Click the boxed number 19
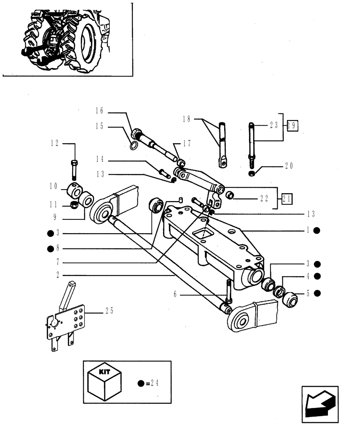pos(292,125)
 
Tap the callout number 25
pos(109,311)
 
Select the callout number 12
pos(54,144)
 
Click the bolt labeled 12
pos(74,169)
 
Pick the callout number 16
pos(99,110)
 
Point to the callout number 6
pos(176,294)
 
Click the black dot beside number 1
pos(317,231)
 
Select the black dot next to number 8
pos(51,248)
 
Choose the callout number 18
pos(186,119)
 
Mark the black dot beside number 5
pos(317,293)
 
